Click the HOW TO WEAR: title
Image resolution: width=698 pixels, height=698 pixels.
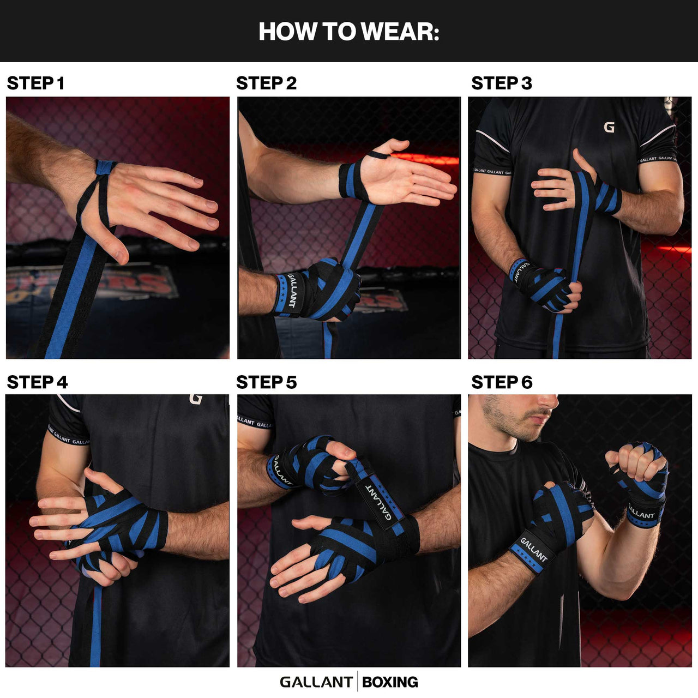[348, 32]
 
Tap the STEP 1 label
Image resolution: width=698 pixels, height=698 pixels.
[35, 83]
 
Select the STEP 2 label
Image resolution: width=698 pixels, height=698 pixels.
[266, 83]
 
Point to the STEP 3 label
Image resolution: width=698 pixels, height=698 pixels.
[501, 83]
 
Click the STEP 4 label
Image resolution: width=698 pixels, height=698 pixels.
[37, 382]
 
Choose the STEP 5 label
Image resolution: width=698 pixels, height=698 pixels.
[266, 382]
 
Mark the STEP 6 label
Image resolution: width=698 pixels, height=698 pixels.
[501, 382]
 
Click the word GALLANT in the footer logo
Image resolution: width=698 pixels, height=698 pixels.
[316, 682]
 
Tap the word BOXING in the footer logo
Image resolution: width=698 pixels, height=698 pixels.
[390, 682]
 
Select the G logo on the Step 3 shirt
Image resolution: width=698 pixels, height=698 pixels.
[609, 128]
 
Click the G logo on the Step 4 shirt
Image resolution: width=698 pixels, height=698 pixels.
[196, 399]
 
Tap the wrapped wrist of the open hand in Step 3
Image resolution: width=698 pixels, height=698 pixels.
[607, 197]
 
